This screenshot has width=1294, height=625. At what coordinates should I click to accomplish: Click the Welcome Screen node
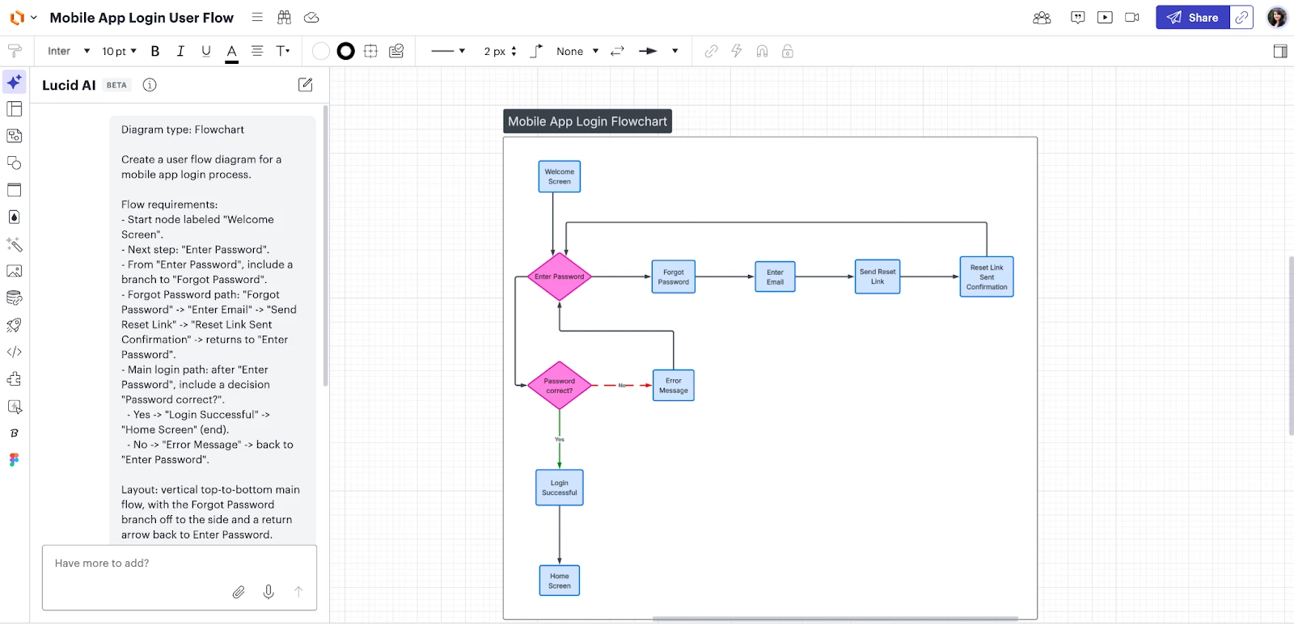pyautogui.click(x=560, y=176)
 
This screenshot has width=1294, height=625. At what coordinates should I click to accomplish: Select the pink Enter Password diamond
pyautogui.click(x=559, y=277)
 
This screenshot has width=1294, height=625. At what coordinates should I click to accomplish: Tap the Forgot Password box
pyautogui.click(x=673, y=277)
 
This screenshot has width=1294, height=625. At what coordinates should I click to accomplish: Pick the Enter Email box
pyautogui.click(x=775, y=277)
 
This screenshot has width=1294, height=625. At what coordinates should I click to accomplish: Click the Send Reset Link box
pyautogui.click(x=877, y=277)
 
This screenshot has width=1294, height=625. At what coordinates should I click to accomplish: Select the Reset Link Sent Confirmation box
pyautogui.click(x=987, y=277)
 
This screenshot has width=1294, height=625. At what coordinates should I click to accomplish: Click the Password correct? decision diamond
pyautogui.click(x=559, y=386)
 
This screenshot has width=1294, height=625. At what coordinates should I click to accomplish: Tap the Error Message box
pyautogui.click(x=674, y=386)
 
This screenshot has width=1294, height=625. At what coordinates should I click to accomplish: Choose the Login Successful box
pyautogui.click(x=560, y=488)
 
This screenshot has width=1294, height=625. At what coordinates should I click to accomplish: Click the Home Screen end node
pyautogui.click(x=560, y=581)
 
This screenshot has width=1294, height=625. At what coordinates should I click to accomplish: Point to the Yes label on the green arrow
pyautogui.click(x=560, y=440)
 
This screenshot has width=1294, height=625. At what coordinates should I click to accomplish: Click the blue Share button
pyautogui.click(x=1193, y=18)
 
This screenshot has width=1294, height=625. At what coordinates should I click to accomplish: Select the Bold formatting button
pyautogui.click(x=155, y=51)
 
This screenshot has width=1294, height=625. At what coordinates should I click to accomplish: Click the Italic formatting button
pyautogui.click(x=180, y=51)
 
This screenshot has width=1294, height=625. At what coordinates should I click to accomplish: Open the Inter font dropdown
pyautogui.click(x=68, y=51)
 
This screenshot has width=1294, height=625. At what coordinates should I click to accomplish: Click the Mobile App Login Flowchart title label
pyautogui.click(x=587, y=121)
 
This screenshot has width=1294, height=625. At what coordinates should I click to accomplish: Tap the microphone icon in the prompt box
pyautogui.click(x=269, y=592)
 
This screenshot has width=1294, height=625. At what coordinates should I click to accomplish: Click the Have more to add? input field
pyautogui.click(x=162, y=564)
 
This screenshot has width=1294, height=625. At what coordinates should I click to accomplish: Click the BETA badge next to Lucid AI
pyautogui.click(x=116, y=85)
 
